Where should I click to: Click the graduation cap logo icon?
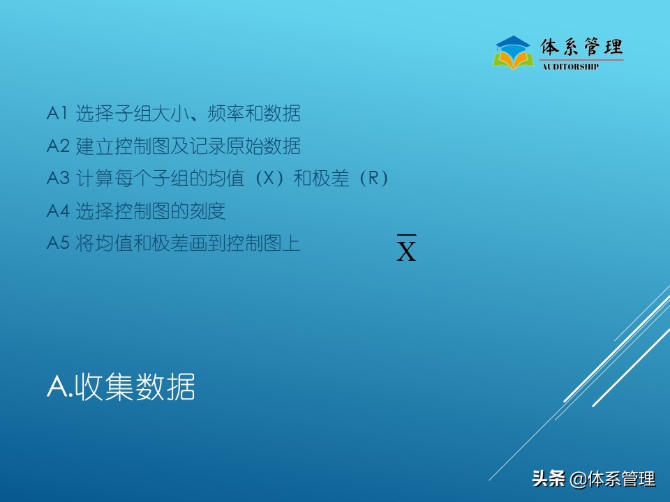(513, 52)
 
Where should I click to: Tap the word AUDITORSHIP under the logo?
(570, 67)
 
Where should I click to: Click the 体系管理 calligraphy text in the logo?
(581, 47)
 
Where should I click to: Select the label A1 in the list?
(57, 113)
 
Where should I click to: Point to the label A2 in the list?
(58, 146)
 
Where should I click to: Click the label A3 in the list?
(58, 179)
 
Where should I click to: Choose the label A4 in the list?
(58, 211)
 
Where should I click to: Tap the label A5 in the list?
(58, 244)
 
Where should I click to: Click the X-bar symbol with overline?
(406, 248)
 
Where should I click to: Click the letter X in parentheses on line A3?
(267, 179)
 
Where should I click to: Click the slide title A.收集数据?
(121, 387)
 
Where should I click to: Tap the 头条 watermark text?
(548, 479)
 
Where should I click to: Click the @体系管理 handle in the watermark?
(612, 479)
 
